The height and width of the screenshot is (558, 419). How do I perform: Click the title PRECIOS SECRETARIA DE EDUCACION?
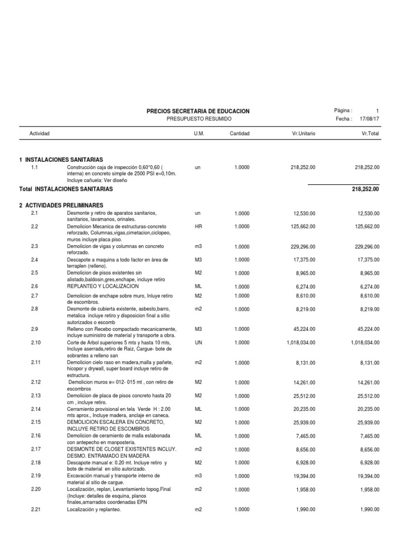coord(198,111)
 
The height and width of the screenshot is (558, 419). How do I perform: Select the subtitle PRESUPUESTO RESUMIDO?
coord(198,119)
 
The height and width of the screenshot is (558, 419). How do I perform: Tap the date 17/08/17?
coord(369,119)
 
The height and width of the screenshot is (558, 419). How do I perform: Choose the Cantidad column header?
coord(240,134)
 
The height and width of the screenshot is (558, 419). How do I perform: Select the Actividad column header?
coord(40,134)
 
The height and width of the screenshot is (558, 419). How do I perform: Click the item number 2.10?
coord(37,342)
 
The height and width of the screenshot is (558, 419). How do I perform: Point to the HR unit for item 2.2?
coord(198,226)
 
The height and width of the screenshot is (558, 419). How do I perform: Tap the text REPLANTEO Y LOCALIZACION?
coord(103,286)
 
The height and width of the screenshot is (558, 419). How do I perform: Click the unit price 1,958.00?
coord(304,489)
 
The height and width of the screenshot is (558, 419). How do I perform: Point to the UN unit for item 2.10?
coord(198,342)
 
